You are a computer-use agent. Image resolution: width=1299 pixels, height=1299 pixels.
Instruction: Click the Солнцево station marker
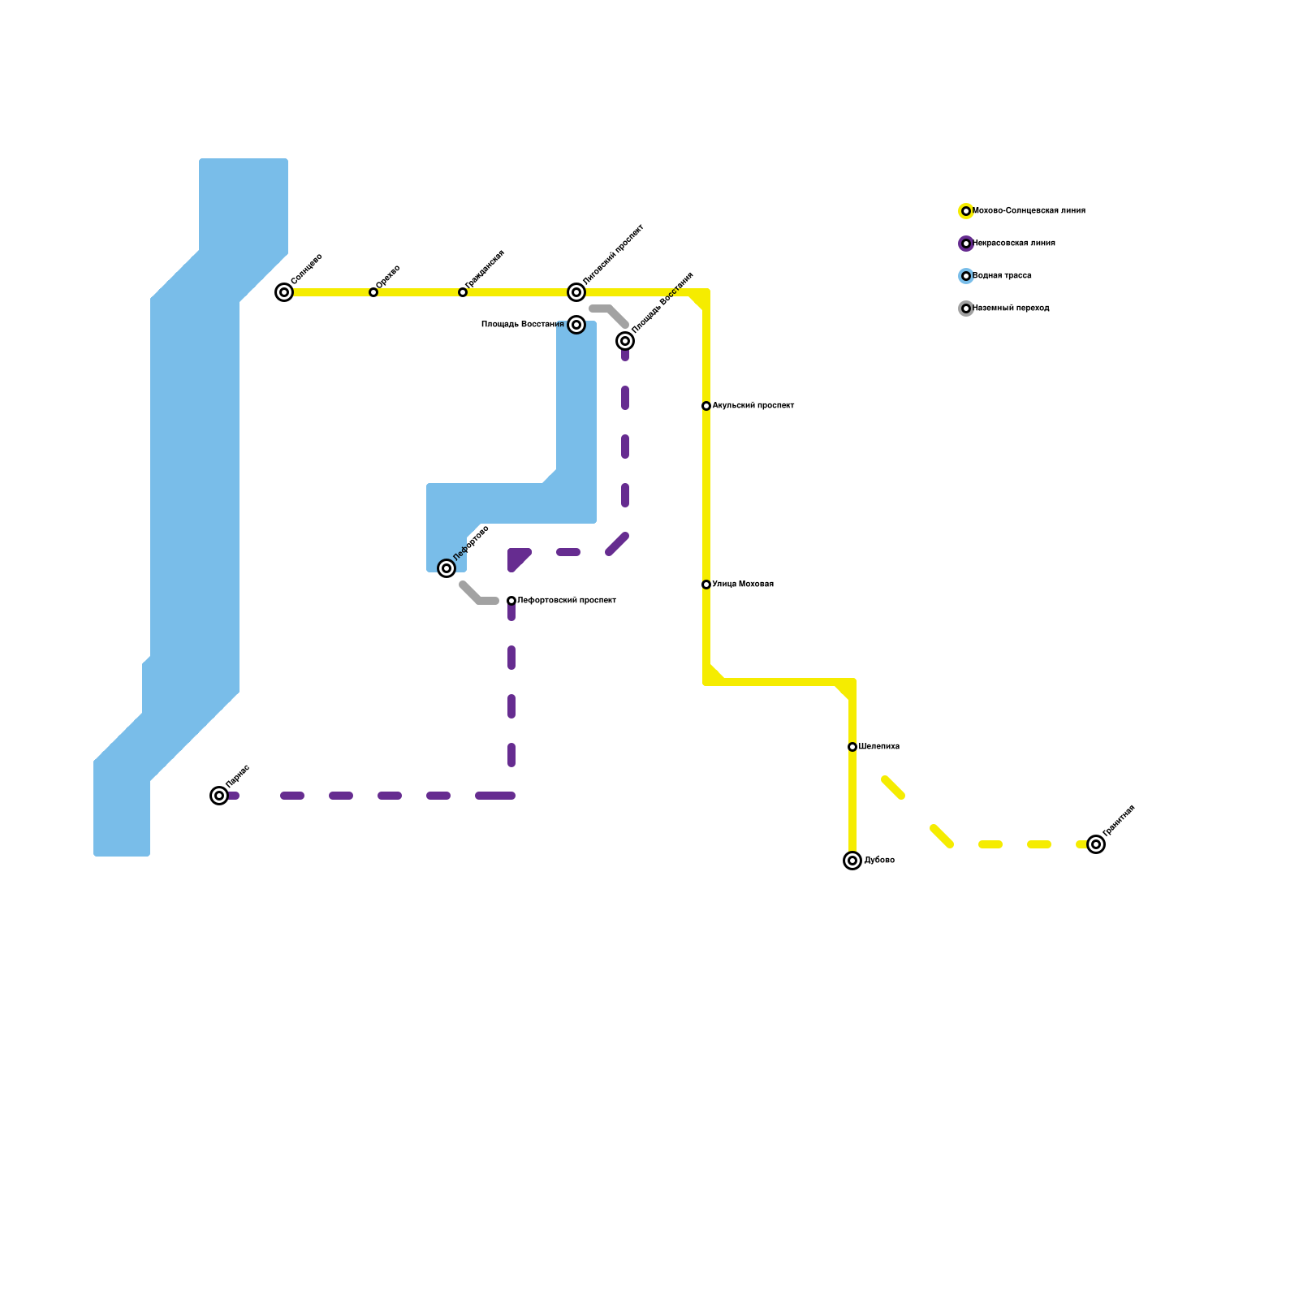coord(284,292)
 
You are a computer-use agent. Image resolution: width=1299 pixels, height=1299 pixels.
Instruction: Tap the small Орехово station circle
coord(373,292)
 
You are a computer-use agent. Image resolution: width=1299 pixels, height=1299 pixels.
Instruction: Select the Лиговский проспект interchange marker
coord(576,292)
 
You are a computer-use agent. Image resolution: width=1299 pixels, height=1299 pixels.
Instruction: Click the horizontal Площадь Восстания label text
coord(522,325)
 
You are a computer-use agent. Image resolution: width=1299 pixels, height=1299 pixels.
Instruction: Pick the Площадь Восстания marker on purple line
coord(625,341)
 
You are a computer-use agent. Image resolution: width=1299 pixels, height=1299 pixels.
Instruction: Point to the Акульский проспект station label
coord(753,406)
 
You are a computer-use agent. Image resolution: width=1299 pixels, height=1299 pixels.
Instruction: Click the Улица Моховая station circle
coord(706,585)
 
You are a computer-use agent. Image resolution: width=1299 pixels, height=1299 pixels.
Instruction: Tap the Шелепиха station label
coord(878,747)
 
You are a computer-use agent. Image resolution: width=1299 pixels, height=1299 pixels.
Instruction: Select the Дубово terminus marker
coord(852,861)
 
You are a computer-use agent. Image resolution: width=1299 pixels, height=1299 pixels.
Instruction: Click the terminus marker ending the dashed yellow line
coord(1096,844)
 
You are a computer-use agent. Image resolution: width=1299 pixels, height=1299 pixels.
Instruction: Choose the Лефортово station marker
coord(447,568)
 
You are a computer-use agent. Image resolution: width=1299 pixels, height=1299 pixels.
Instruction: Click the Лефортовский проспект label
coord(566,601)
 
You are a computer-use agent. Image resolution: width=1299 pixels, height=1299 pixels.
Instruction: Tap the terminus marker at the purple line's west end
coord(219,796)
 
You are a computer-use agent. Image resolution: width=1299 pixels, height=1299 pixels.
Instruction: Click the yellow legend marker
coord(966,211)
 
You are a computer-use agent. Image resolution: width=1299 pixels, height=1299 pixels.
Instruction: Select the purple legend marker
coord(966,244)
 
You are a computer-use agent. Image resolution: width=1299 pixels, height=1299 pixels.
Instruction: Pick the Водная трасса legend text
coord(1002,276)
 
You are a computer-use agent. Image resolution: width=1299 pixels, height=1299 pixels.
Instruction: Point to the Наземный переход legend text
coord(1011,309)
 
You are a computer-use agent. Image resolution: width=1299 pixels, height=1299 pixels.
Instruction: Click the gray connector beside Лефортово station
coord(477,597)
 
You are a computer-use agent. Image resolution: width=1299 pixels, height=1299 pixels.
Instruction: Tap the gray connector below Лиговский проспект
coord(611,313)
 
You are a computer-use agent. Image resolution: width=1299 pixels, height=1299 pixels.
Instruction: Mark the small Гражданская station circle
coord(463,292)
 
